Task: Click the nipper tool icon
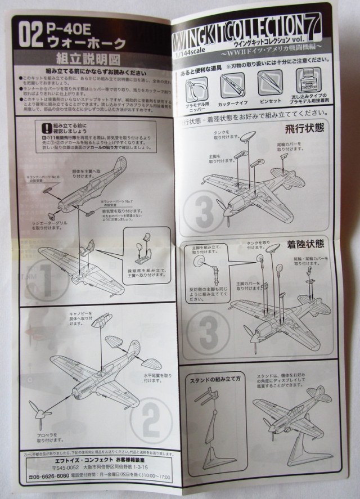[197, 87]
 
